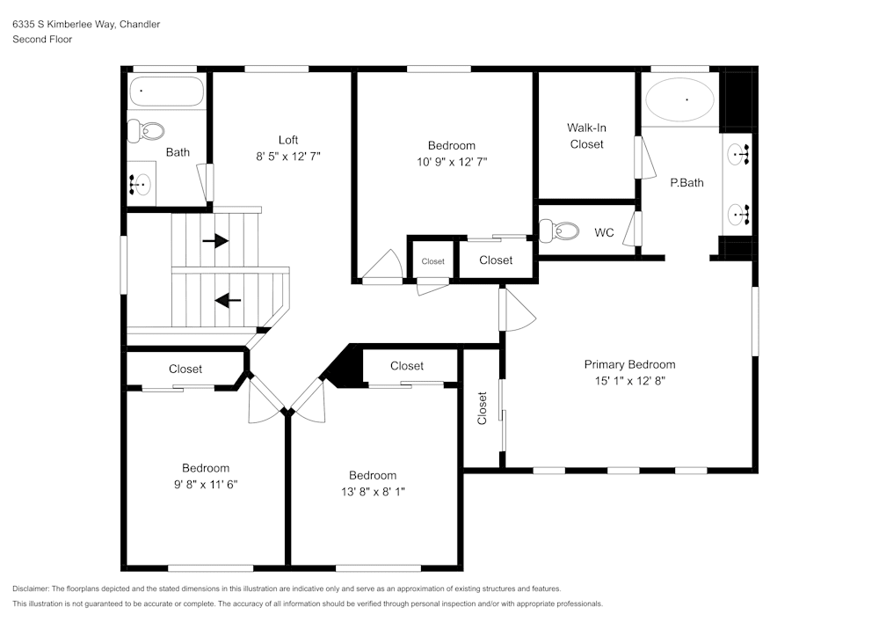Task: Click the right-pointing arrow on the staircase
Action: point(215,240)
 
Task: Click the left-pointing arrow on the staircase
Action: point(229,301)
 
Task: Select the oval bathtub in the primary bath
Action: point(680,100)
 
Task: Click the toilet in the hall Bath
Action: point(146,131)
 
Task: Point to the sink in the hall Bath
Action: point(141,186)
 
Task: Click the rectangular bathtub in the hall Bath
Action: point(166,91)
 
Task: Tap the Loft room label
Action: point(288,140)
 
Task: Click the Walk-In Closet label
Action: point(586,135)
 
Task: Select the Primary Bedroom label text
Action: point(629,364)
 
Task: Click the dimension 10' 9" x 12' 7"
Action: point(452,162)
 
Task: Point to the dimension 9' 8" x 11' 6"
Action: point(206,484)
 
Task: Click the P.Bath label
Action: point(686,183)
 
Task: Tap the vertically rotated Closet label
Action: point(482,408)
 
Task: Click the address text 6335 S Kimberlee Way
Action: point(86,25)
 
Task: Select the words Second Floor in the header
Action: point(42,40)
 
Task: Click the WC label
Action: point(604,233)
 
